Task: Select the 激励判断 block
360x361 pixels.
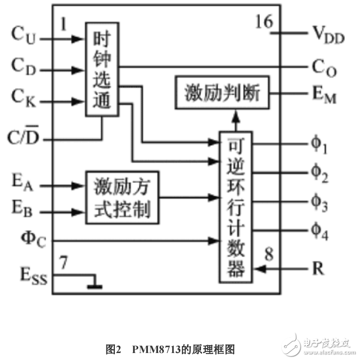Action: point(222,94)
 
